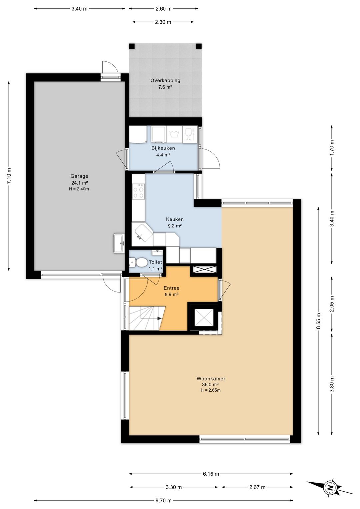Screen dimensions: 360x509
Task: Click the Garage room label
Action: coord(79,176)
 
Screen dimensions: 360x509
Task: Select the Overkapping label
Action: coord(165,80)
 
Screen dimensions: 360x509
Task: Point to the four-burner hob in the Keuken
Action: coord(139,191)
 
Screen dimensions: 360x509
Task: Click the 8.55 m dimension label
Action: coord(319,321)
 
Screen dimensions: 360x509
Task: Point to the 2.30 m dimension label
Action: coord(163,22)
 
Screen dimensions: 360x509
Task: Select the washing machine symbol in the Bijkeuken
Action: coord(174,134)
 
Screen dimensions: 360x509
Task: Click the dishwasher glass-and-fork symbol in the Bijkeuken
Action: coord(190,134)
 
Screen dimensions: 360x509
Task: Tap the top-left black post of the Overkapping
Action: coord(132,46)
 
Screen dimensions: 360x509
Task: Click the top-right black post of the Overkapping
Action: coord(199,46)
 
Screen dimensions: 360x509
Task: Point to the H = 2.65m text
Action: coord(211,390)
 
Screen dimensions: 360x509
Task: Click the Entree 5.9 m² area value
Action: coord(171,295)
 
